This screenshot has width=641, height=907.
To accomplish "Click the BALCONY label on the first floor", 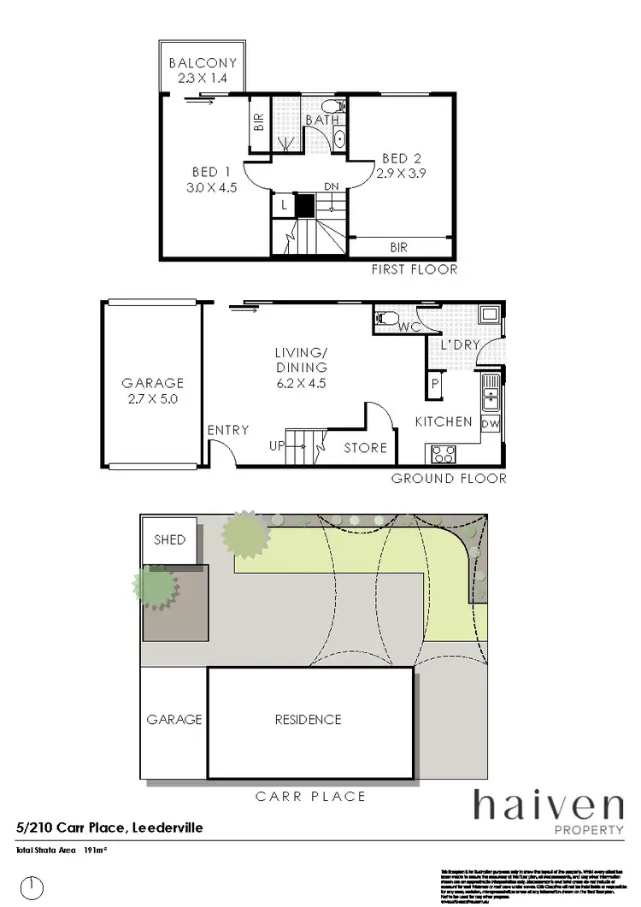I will click(202, 62).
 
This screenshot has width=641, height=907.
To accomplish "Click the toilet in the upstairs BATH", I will click(339, 108).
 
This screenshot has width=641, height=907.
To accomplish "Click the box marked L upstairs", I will click(283, 205).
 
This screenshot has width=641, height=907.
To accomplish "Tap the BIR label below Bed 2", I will click(398, 248).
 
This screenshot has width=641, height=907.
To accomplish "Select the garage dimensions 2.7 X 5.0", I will click(153, 399).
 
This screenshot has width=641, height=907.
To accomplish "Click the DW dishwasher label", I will click(490, 424).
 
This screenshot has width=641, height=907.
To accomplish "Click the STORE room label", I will click(365, 448).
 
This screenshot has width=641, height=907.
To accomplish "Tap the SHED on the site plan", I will click(169, 540).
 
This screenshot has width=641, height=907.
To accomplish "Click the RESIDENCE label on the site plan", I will click(308, 720).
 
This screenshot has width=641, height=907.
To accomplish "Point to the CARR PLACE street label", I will click(311, 797).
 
